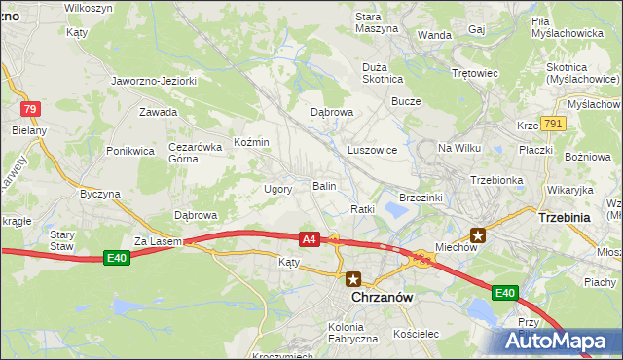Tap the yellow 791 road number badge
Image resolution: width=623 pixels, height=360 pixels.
coord(554,124)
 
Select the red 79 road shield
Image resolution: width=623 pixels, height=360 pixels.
coord(30,109)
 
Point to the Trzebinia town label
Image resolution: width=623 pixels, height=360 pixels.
coord(565,218)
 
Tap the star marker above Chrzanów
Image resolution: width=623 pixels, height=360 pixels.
coord(353,278)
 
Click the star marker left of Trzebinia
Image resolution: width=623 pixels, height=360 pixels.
coord(478,234)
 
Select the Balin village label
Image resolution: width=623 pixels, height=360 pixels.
coord(324,185)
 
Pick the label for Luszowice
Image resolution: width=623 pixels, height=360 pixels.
coord(372,151)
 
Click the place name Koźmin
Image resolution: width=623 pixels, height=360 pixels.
coord(251,143)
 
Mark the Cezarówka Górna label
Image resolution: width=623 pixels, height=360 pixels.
coord(190,152)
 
